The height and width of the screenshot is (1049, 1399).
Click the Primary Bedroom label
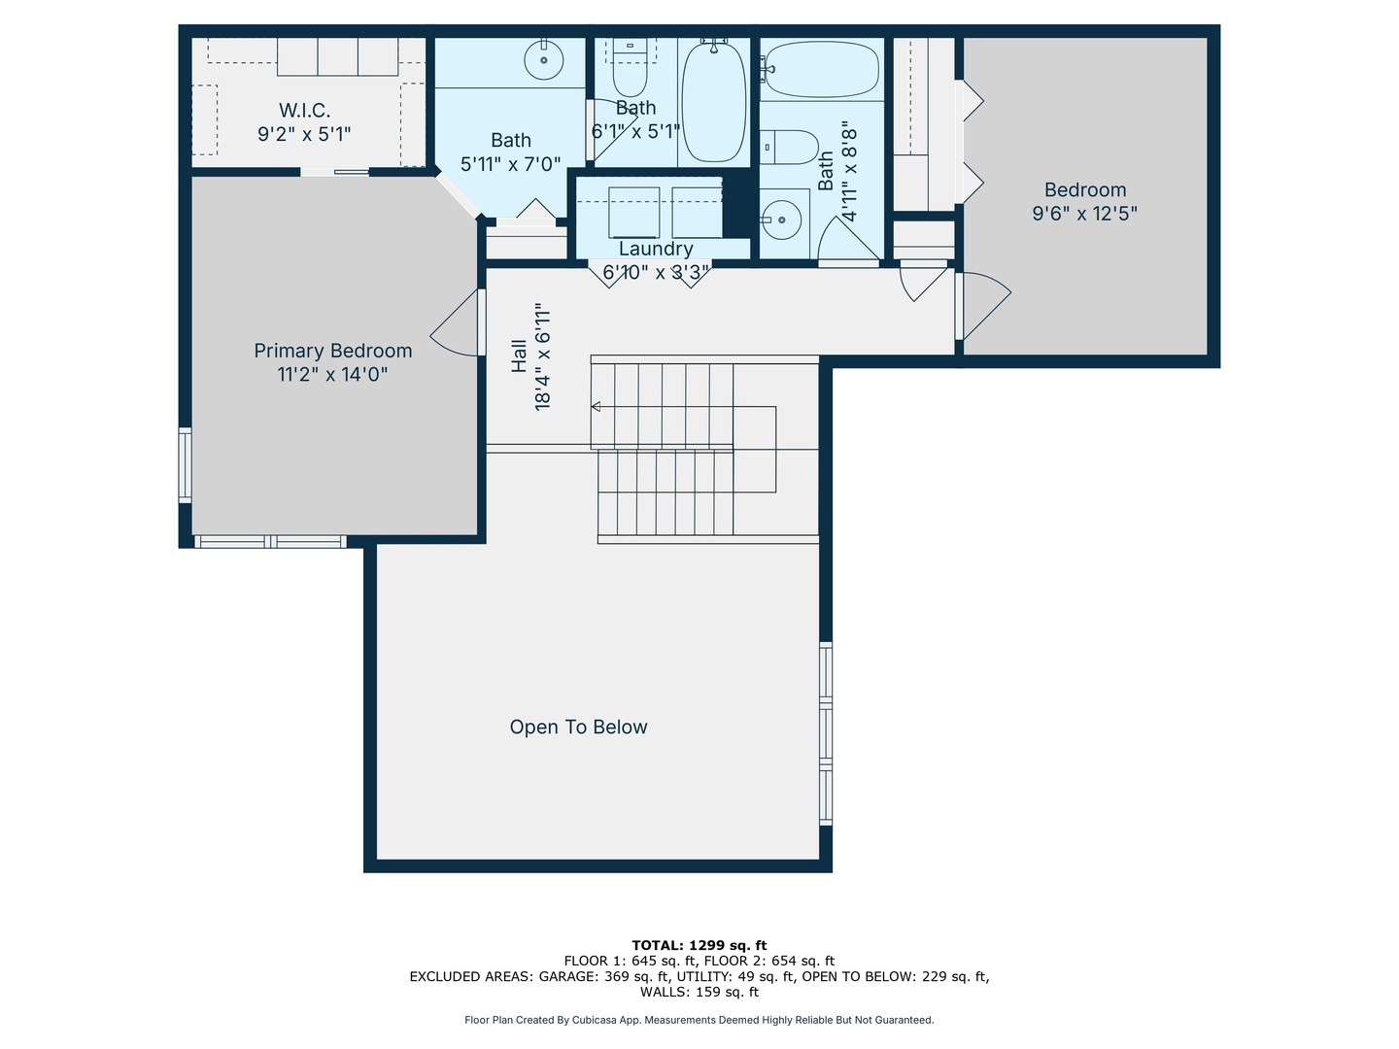click(332, 351)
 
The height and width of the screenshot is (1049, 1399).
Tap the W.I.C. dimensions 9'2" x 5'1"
click(304, 134)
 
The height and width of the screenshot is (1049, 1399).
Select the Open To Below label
click(578, 727)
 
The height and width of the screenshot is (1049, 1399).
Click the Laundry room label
click(656, 249)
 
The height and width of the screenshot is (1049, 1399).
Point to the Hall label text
click(519, 356)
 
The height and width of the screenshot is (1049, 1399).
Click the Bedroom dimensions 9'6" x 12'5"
click(1085, 214)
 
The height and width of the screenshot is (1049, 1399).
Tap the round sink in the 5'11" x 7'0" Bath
click(544, 60)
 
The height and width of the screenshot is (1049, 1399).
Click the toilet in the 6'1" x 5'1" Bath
click(630, 67)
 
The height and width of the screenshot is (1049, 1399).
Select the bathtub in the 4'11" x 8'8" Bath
click(822, 69)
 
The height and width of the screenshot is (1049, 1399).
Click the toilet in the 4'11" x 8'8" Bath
click(789, 147)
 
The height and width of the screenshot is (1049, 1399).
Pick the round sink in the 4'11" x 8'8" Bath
click(781, 220)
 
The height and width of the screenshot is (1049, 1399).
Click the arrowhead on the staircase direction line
click(596, 406)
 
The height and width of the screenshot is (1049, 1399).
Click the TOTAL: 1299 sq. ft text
click(699, 945)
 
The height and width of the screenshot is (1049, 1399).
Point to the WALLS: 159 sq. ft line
click(699, 992)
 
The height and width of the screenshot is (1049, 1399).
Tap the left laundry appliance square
click(633, 212)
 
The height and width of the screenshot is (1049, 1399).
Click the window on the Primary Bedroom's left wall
click(185, 465)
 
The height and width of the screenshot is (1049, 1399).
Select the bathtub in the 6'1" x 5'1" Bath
click(713, 102)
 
